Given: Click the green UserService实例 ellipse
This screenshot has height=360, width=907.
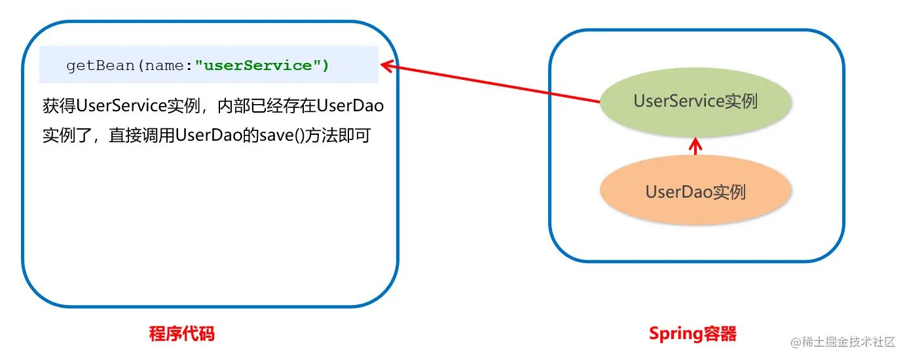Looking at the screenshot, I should point(695,101).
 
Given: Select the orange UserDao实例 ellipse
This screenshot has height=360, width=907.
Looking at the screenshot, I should point(695,192).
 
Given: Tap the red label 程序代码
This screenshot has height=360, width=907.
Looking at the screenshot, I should point(182,334).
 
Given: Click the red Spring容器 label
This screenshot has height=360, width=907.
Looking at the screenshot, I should point(693,334).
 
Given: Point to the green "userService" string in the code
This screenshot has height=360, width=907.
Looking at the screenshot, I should point(258,65).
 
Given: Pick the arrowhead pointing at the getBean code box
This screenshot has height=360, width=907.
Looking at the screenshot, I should point(386,65).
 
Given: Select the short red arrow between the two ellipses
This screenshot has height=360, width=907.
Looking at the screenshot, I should point(695,147).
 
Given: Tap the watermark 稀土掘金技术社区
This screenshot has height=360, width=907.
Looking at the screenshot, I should point(849,342).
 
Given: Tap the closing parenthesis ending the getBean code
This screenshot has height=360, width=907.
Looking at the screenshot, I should point(326,65).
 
